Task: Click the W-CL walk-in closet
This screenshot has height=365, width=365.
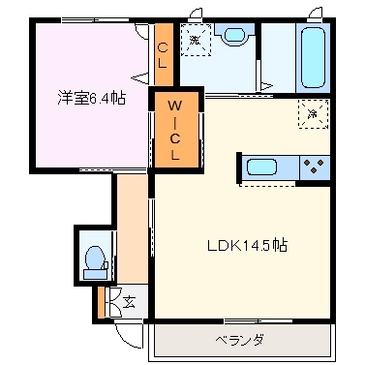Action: (x=175, y=128)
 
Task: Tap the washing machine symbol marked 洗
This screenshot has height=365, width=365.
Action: (x=197, y=41)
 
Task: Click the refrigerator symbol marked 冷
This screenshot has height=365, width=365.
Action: (x=313, y=111)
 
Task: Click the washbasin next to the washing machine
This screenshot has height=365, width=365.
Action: (x=234, y=36)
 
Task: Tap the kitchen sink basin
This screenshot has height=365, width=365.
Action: (x=262, y=167)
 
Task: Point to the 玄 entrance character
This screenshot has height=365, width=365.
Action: (x=130, y=303)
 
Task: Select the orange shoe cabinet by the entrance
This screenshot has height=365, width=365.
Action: (x=100, y=303)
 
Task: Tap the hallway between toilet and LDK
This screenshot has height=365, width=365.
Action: (x=131, y=232)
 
